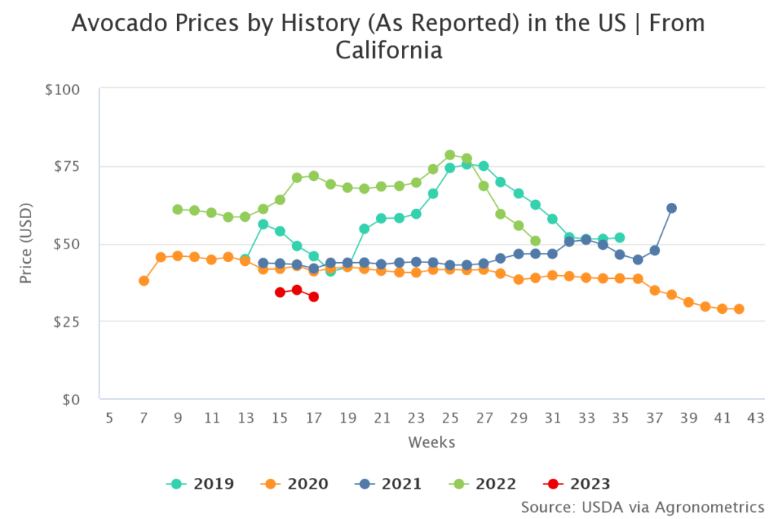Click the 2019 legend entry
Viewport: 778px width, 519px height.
(201, 483)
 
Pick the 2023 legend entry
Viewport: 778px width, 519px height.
(578, 483)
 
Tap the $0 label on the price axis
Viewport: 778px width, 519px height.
(78, 399)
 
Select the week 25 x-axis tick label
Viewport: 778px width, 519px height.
(450, 418)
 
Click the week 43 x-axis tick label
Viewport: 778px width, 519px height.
(755, 418)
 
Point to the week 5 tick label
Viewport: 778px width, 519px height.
(109, 418)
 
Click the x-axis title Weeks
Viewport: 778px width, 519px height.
(432, 441)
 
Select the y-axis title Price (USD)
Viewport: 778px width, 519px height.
(27, 244)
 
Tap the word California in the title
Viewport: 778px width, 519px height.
(388, 51)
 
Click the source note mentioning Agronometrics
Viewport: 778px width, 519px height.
(642, 506)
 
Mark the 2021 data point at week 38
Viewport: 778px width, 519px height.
(672, 208)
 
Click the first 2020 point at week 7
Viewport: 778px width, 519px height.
(144, 281)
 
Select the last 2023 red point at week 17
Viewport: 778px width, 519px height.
(314, 297)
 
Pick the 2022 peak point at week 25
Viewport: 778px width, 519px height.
(450, 155)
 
